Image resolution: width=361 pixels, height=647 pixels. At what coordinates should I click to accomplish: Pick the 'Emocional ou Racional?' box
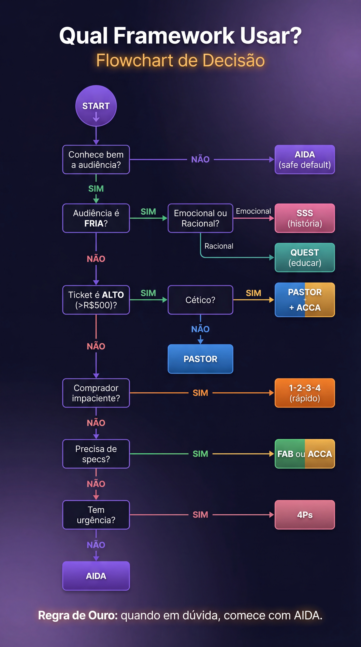pyautogui.click(x=200, y=218)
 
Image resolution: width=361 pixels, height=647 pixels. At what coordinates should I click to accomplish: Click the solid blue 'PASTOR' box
pyautogui.click(x=200, y=359)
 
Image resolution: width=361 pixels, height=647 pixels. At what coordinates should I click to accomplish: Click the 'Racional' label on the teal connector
pyautogui.click(x=219, y=246)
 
